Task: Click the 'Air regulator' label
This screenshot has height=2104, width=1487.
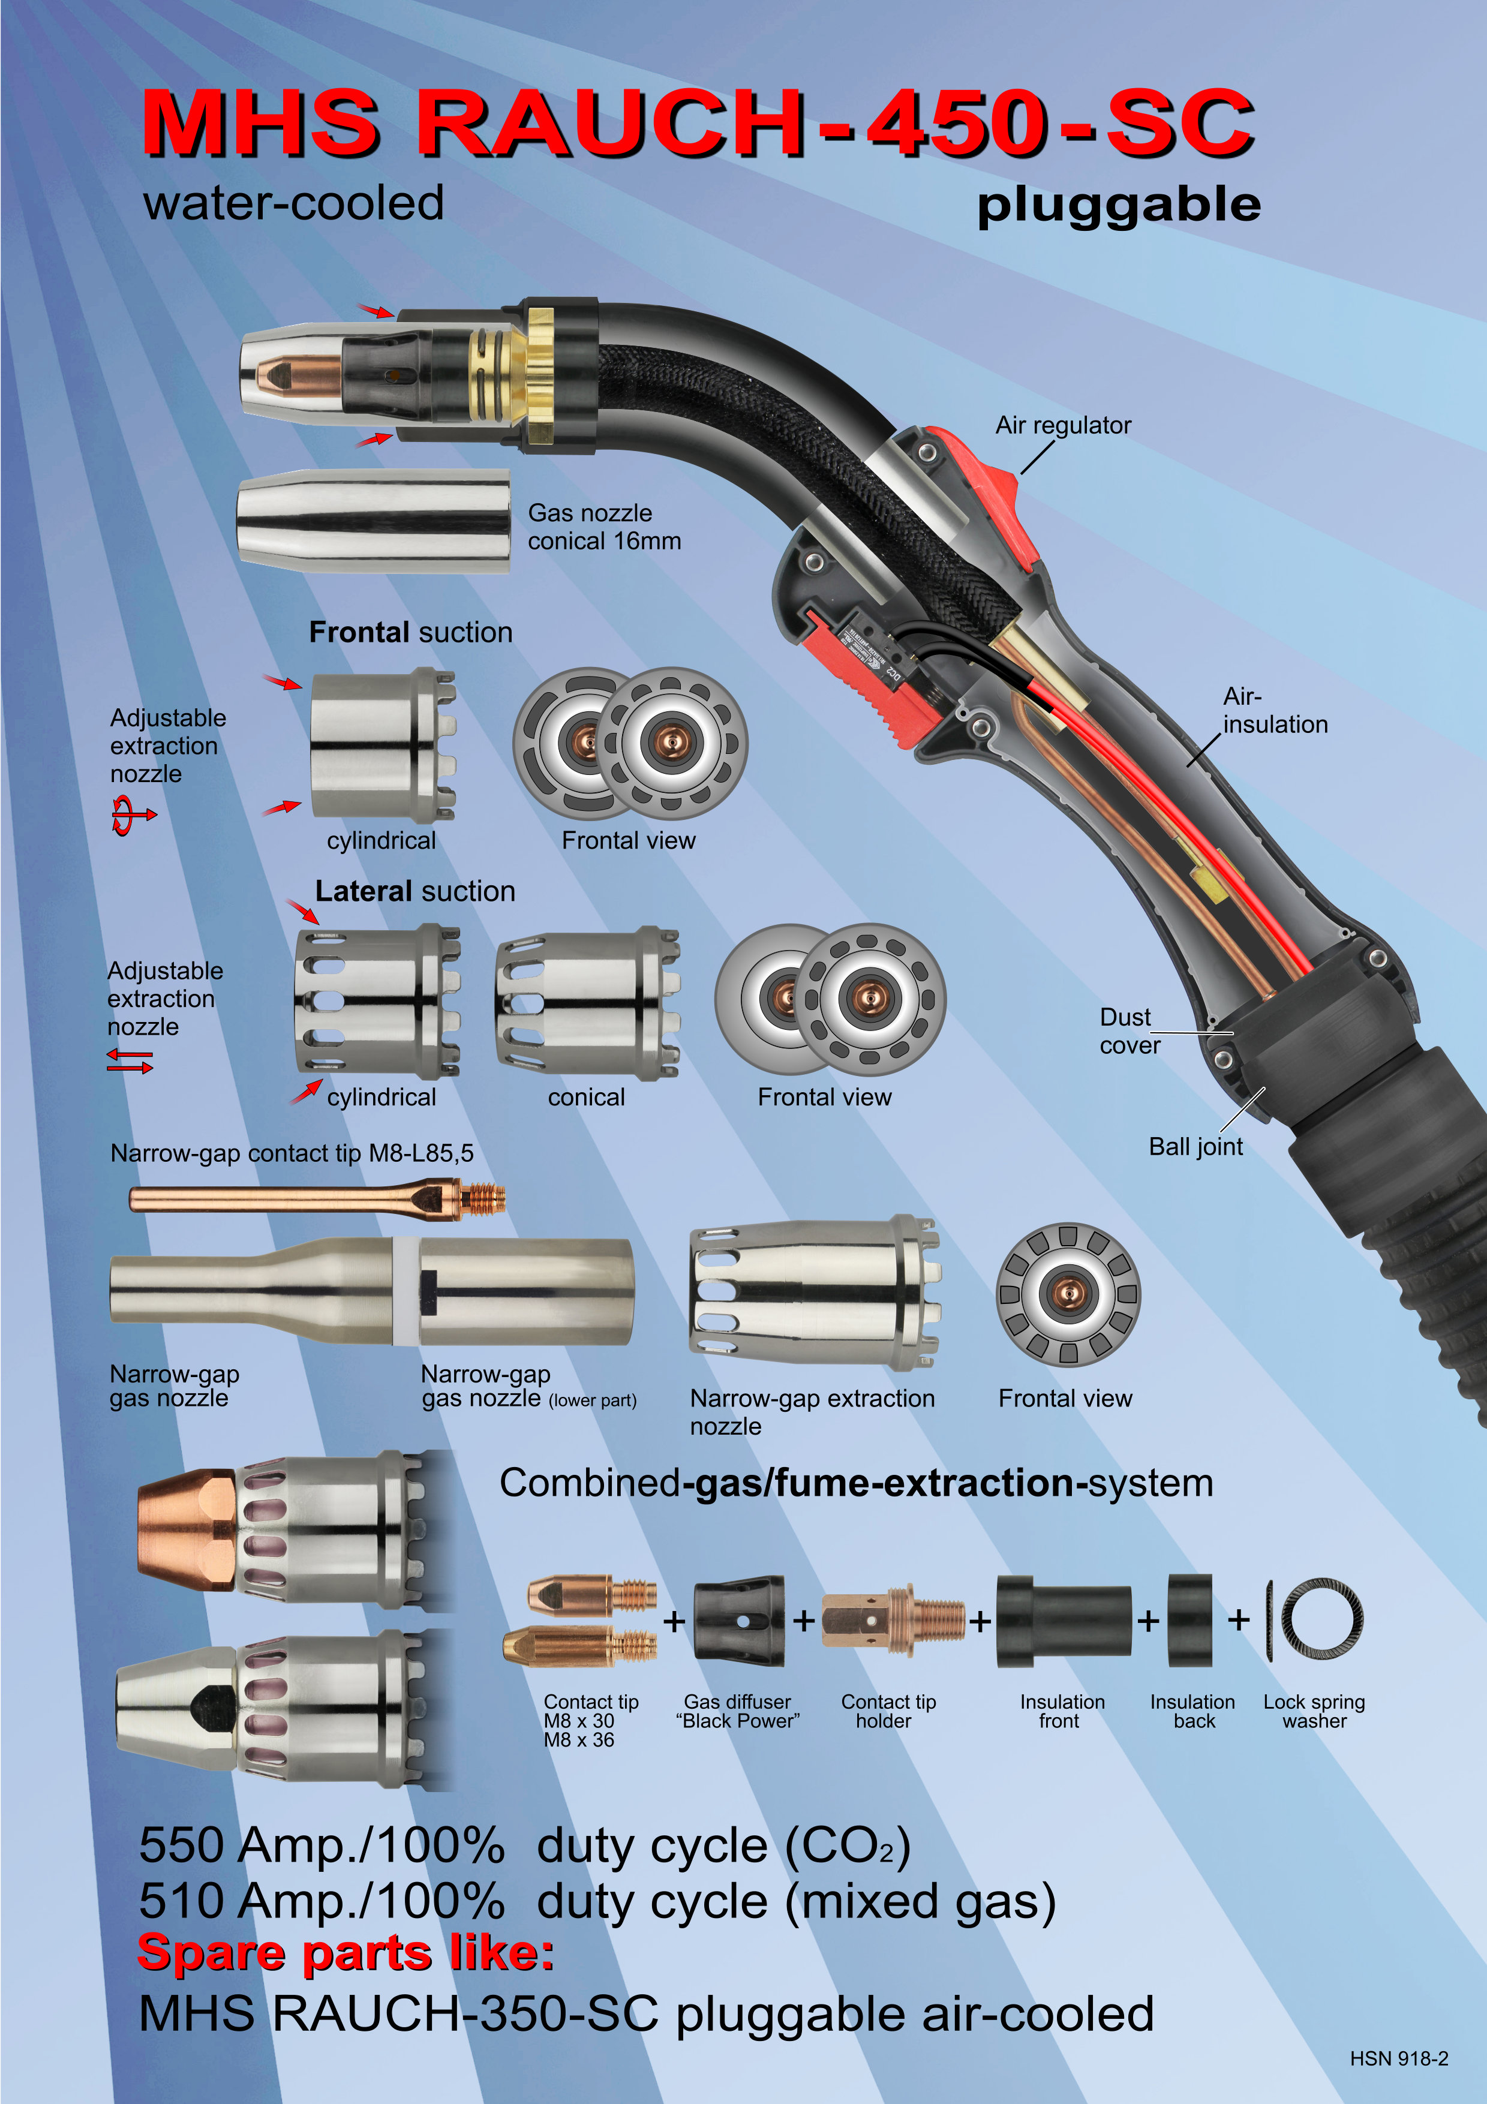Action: coord(1063,425)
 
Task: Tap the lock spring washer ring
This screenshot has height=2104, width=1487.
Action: coord(1321,1620)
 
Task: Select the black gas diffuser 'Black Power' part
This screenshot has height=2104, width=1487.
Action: coord(738,1620)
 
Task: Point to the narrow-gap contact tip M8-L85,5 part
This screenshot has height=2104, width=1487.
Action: coord(316,1198)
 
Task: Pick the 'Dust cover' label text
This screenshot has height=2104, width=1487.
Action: coord(1129,1031)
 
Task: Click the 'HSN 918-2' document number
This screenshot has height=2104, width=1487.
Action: coord(1398,2058)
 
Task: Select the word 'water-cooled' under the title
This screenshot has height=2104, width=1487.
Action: coord(293,203)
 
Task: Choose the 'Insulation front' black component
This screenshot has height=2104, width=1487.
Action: coord(1063,1620)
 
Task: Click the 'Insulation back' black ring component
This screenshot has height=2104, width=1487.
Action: coord(1189,1620)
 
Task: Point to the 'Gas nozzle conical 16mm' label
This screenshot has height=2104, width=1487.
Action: coord(604,527)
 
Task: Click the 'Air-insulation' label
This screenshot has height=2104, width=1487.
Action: coord(1273,710)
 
